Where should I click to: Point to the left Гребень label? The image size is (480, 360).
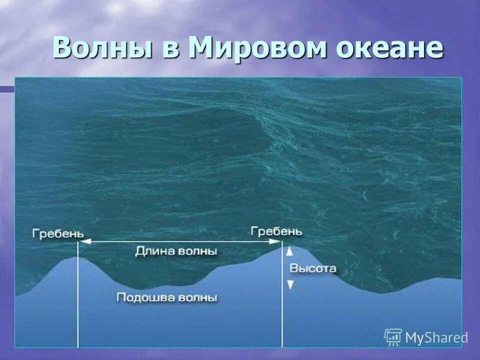pyautogui.click(x=58, y=233)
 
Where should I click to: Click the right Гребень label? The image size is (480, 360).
pyautogui.click(x=276, y=231)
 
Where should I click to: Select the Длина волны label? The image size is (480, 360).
pyautogui.click(x=176, y=251)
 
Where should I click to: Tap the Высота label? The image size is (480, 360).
pyautogui.click(x=313, y=268)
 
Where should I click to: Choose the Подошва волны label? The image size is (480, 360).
pyautogui.click(x=166, y=297)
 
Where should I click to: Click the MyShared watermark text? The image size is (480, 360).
pyautogui.click(x=436, y=337)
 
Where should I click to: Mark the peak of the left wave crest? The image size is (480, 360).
pyautogui.click(x=76, y=257)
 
